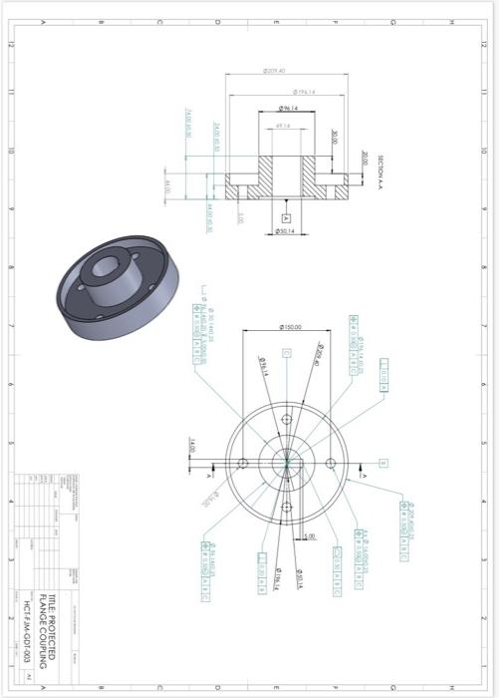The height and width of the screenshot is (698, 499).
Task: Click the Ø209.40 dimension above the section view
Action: [275, 71]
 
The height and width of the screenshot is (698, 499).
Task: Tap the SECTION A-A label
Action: [381, 171]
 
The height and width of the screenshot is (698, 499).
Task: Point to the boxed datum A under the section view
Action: [286, 216]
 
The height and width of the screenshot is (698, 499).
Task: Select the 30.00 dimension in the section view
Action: [335, 138]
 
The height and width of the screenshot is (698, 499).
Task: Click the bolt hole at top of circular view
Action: [286, 420]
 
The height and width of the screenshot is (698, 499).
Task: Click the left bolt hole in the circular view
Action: [243, 464]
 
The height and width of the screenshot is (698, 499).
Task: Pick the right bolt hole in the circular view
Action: [330, 464]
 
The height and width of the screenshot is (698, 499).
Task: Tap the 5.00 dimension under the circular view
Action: [310, 536]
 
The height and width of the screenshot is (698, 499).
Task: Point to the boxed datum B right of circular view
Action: [383, 464]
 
